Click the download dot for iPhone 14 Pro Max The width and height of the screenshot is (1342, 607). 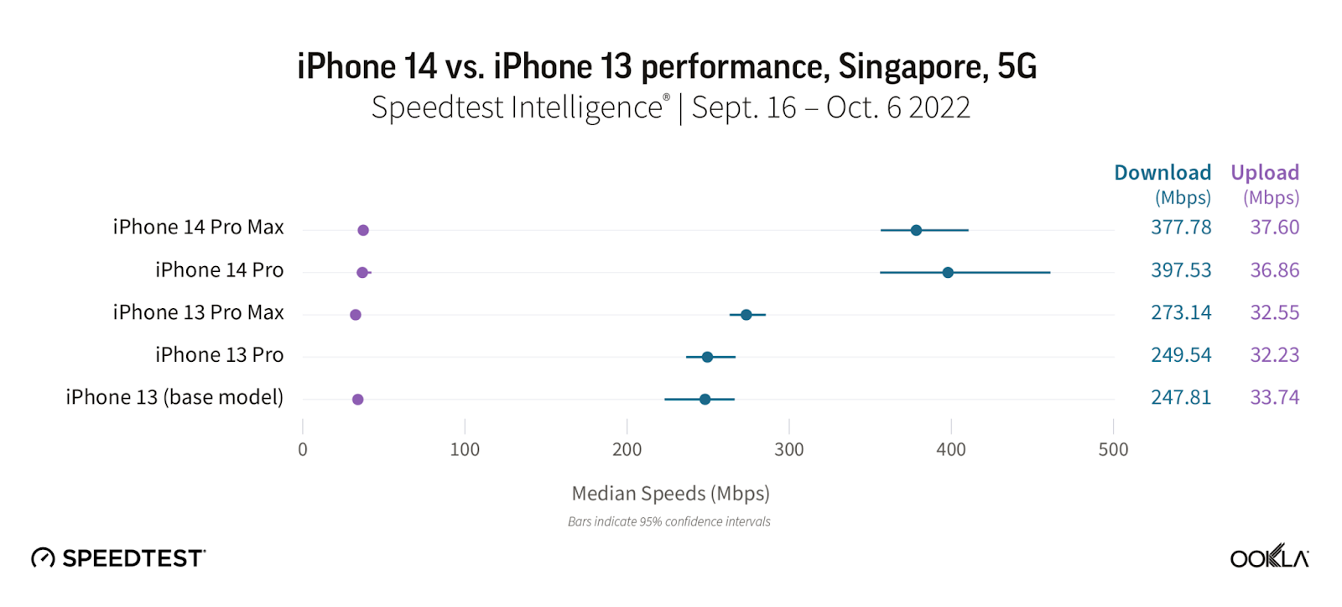(916, 230)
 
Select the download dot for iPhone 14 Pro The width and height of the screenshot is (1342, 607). (948, 273)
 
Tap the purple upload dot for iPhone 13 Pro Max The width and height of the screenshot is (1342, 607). (356, 315)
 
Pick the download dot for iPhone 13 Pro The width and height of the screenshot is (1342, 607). (707, 357)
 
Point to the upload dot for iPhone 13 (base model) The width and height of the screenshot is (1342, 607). (358, 400)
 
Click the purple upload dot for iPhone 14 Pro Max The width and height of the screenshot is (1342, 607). (363, 230)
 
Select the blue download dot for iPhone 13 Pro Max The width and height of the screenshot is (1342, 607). (746, 315)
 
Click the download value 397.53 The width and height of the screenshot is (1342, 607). (1181, 270)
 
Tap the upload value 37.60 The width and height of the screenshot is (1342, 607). (1274, 228)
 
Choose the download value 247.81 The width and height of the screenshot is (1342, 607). (1181, 397)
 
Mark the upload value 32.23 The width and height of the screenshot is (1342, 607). (1274, 355)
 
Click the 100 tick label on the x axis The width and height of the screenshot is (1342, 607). (465, 450)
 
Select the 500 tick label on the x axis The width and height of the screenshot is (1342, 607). (1113, 450)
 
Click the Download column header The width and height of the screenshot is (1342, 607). (1163, 173)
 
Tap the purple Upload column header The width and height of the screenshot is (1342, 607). (1265, 173)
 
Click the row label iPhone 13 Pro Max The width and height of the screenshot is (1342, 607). (199, 312)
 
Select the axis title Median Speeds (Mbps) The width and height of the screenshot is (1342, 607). (670, 494)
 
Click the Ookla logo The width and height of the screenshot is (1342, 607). (1269, 557)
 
